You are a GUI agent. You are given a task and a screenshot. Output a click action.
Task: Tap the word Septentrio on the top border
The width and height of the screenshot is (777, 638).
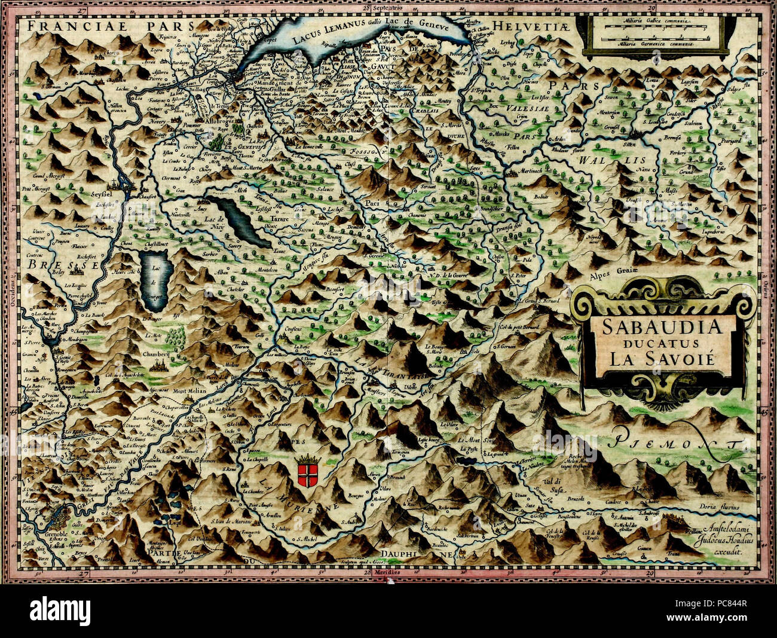(389, 8)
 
